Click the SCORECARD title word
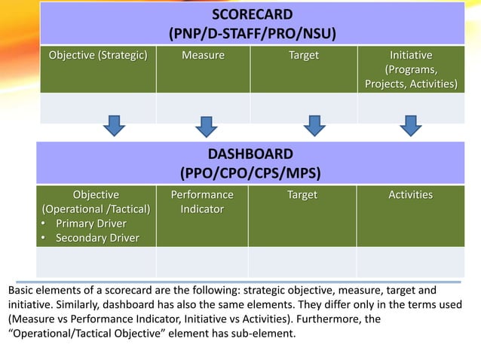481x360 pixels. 252,15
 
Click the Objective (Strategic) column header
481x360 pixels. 98,56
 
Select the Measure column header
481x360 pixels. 203,56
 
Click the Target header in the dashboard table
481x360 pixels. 302,195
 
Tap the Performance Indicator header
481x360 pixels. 202,202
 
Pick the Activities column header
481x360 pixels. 410,195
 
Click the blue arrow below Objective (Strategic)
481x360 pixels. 114,125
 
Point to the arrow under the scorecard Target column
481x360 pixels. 311,125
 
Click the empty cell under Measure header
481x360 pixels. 203,108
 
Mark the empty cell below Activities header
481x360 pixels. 410,262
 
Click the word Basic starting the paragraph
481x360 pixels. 21,290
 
